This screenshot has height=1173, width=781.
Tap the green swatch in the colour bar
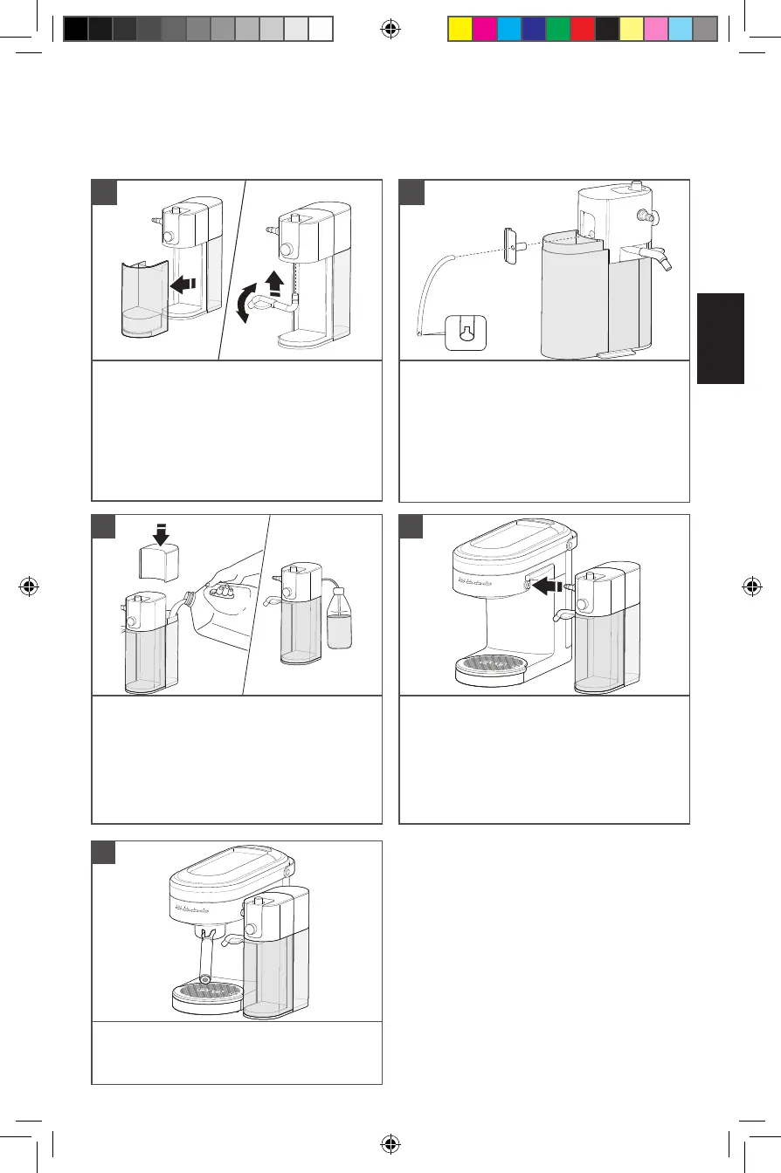coord(557,29)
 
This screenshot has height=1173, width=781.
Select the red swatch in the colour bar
coord(582,29)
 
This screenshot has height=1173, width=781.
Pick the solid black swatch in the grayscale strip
coord(76,29)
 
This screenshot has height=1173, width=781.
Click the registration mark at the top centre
coord(390,29)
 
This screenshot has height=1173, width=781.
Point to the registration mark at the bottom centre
coord(390,1143)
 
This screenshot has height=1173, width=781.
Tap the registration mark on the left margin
coord(30,586)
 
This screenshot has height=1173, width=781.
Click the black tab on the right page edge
coord(721,338)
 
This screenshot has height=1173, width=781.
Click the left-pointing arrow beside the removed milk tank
coord(185,283)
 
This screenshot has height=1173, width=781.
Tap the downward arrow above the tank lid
coord(160,531)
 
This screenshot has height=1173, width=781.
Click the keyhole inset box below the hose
coord(465,332)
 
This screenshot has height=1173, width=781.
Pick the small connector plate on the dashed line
coord(510,244)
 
